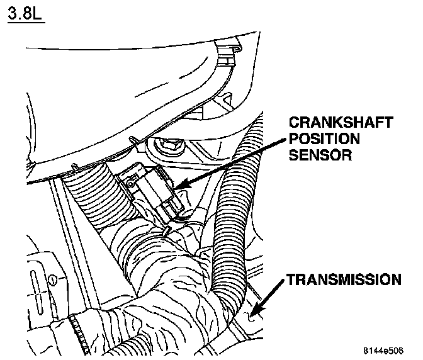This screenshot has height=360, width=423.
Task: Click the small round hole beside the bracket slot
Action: click(54, 277)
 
